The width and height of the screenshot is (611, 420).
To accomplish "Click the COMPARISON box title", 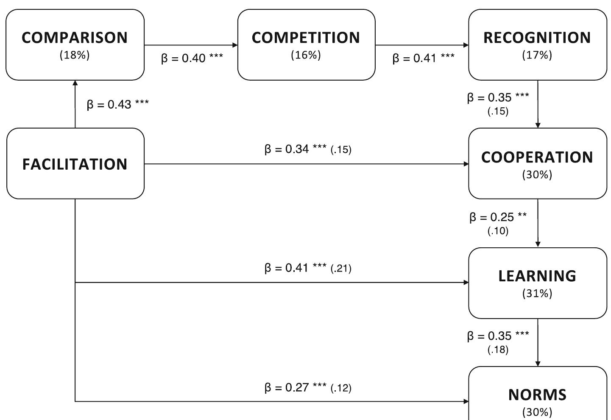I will coord(75,38).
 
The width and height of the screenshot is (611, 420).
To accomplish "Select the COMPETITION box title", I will coord(306,38).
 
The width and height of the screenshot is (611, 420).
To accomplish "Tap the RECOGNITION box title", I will coord(537,38).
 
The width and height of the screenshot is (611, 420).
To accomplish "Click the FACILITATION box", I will coord(75,164).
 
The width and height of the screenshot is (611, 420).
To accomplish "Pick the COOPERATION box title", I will coord(537,157).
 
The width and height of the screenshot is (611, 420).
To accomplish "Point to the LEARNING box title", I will coord(537,276).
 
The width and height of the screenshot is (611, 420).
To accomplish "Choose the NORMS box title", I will coord(537,395).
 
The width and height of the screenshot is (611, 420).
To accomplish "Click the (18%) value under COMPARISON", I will coord(75,55).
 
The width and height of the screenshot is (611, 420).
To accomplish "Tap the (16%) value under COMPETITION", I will coord(306,55).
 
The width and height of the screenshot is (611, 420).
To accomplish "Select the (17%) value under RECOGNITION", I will coord(537,55).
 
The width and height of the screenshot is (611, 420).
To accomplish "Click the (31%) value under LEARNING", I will coord(537,294).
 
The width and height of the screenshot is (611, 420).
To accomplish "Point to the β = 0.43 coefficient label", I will coord(117,104).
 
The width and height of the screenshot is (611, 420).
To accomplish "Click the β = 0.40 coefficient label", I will coord(192,58).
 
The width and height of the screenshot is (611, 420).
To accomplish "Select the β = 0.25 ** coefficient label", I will coord(498,217).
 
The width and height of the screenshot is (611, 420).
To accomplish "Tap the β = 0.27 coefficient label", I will coord(295,387).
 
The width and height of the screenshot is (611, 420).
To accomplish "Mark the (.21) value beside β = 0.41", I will coord(341,268).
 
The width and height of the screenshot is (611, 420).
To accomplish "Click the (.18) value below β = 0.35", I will coord(498,350).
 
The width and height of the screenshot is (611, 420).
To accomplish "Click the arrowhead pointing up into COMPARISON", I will coord(75,84).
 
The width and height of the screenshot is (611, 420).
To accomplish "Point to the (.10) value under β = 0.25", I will coord(498,231).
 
